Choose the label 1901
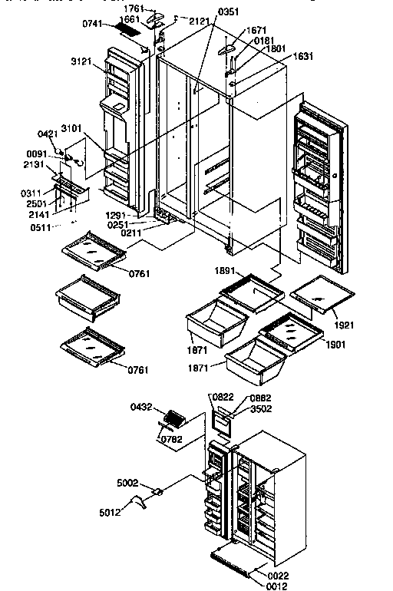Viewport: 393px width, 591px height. point(335,345)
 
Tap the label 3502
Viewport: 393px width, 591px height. point(261,409)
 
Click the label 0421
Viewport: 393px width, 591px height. point(47,133)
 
